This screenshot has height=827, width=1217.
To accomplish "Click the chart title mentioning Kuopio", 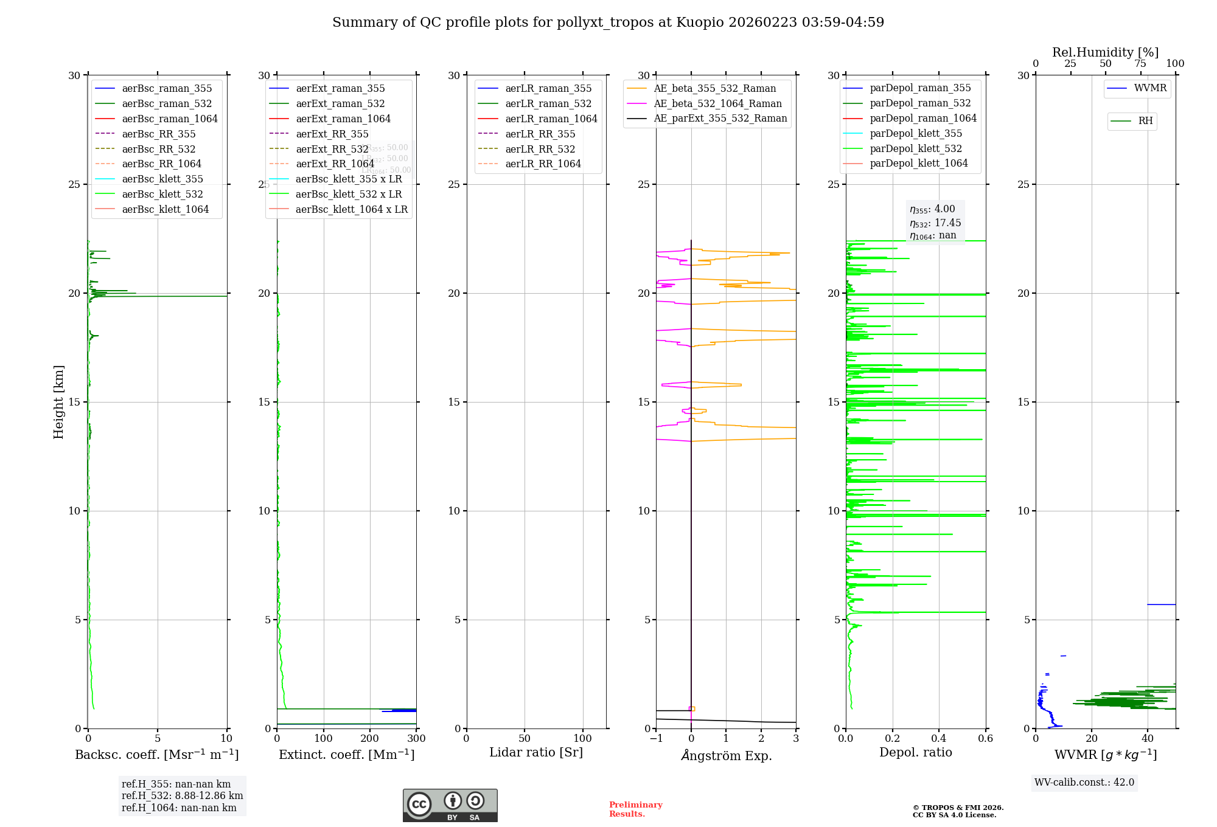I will [x=608, y=22].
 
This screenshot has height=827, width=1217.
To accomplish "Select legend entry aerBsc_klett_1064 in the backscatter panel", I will [x=165, y=209].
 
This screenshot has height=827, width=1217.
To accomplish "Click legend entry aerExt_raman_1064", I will [x=343, y=119].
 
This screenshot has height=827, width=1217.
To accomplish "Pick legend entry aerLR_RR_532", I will [x=540, y=149].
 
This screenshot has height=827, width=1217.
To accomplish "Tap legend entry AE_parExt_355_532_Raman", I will [x=720, y=119].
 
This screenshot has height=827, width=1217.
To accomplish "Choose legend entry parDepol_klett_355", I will [x=916, y=133].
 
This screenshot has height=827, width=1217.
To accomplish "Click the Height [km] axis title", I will [x=58, y=402].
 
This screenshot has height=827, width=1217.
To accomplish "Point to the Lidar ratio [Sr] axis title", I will [x=536, y=753].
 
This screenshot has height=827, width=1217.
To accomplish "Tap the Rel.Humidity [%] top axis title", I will [x=1105, y=52].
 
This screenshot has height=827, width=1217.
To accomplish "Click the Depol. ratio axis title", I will [x=915, y=753].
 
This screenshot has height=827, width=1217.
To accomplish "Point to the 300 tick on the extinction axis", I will [x=416, y=739].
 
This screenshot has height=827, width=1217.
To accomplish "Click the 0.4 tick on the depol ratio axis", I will [x=939, y=739].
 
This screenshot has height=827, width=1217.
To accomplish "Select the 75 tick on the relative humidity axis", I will [x=1140, y=64].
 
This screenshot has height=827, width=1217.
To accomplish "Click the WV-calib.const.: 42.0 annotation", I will [x=1084, y=783].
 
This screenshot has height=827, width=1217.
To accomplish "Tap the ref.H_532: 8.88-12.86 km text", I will [x=182, y=796].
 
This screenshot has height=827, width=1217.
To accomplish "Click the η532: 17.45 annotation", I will [x=935, y=223].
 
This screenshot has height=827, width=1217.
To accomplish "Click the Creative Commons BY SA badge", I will [x=450, y=805].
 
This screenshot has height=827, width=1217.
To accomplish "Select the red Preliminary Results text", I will [x=635, y=809].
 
